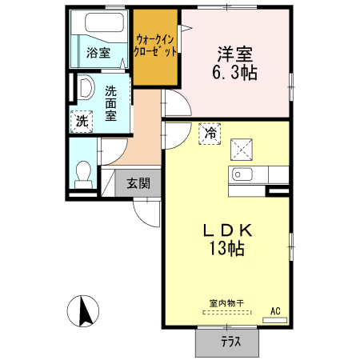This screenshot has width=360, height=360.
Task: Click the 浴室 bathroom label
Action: pos(98,54)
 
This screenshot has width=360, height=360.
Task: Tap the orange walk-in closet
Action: pos(156,48)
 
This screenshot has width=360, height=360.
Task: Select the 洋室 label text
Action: pos(234,54)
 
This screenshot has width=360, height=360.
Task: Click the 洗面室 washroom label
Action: pos(111,103)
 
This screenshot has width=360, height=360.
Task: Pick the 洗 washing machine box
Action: pos(82,121)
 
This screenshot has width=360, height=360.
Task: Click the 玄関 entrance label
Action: pos(138,182)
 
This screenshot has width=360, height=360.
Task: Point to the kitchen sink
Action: pos(242,174)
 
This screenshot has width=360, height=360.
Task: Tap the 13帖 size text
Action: pos(226,248)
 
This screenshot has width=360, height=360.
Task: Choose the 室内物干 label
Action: pos(226,304)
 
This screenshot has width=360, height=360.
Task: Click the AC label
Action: pos(274,310)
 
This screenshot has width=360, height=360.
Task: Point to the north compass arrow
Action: pos(85,310)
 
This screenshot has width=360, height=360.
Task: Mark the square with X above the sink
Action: pos(242,149)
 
